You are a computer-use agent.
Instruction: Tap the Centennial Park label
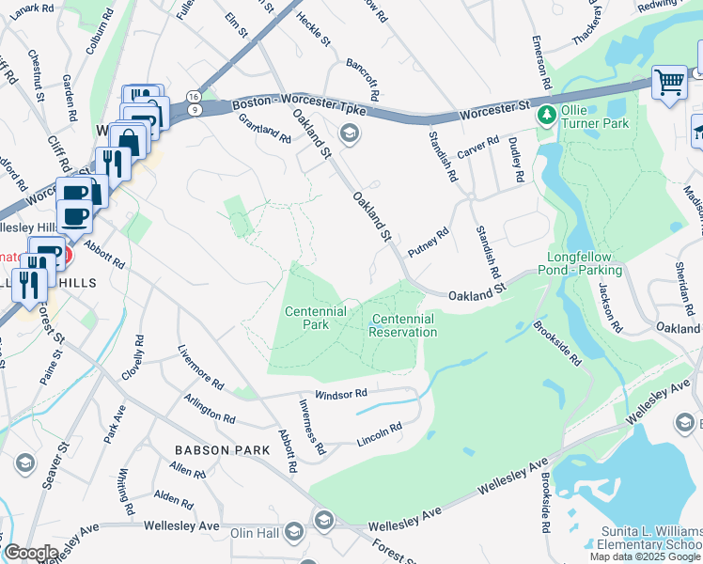pyautogui.click(x=316, y=318)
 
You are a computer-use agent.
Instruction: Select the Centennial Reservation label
pyautogui.click(x=403, y=325)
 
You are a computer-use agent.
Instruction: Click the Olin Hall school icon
pyautogui.click(x=324, y=520)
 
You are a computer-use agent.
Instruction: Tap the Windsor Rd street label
pyautogui.click(x=339, y=395)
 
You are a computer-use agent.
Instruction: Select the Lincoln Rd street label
pyautogui.click(x=380, y=432)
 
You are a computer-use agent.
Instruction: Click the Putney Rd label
pyautogui.click(x=429, y=243)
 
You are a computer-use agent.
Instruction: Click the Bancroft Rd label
pyautogui.click(x=361, y=79)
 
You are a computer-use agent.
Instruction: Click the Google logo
pyautogui.click(x=31, y=552)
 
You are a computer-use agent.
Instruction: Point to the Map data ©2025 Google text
pyautogui.click(x=645, y=556)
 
